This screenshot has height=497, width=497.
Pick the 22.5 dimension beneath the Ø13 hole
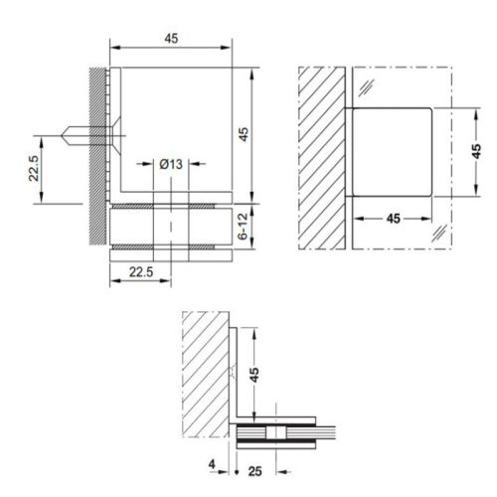[x=139, y=269]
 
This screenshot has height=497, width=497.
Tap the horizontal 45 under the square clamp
[x=393, y=217]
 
